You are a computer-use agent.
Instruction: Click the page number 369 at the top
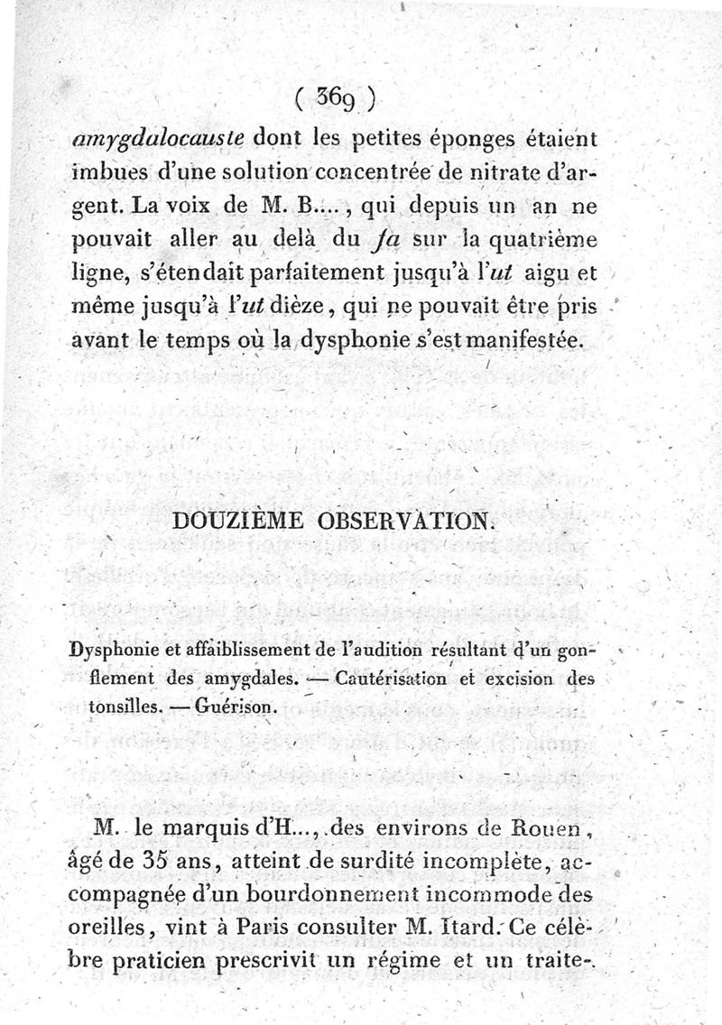[335, 97]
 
